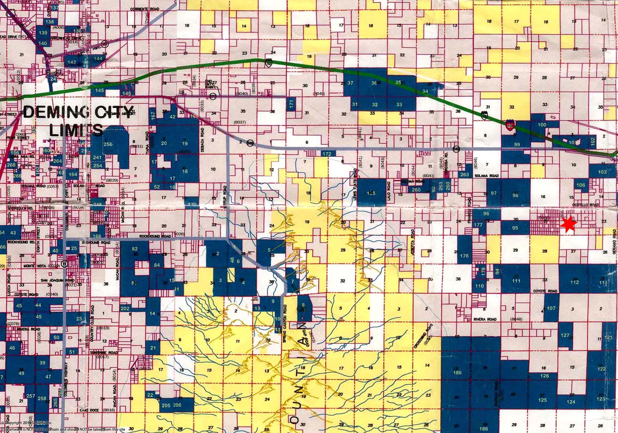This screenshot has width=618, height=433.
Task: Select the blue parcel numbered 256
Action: tap(108, 144)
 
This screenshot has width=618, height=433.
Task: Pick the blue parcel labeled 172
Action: tap(327, 154)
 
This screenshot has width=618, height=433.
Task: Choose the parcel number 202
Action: tap(125, 308)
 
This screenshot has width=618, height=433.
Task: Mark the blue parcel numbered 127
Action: tap(565, 335)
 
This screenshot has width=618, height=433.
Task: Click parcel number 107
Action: tap(551, 308)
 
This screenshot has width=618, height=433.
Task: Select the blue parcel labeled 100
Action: tap(542, 125)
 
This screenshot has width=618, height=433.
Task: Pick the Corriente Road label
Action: tap(145, 9)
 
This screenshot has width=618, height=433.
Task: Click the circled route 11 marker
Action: tap(66, 264)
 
